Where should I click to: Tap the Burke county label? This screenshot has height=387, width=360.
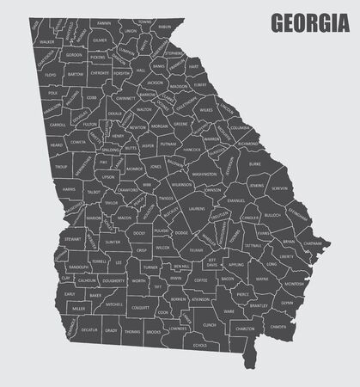pos(254,162)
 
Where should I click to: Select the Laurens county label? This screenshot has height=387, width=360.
pos(197,207)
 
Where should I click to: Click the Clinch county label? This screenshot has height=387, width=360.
pos(210,324)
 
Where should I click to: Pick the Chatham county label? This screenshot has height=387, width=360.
pos(312,243)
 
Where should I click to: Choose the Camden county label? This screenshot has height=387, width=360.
pos(278,326)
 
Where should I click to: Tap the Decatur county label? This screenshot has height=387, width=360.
pos(87,329)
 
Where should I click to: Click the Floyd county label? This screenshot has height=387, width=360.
pos(51,75)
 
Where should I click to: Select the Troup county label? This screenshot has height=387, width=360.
pos(60,167)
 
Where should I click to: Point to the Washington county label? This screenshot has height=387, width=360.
pos(204,175)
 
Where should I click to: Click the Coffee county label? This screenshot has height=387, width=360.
pos(201,280)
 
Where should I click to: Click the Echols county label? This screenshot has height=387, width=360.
pos(200,345)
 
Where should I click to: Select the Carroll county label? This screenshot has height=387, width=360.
pos(58,124)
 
